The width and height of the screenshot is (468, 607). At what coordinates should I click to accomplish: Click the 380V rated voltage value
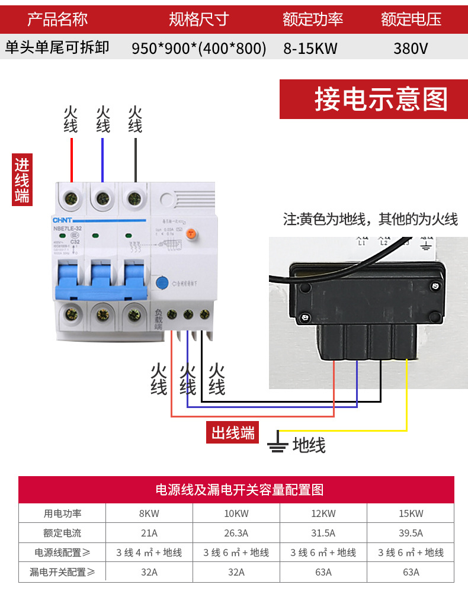coord(410,48)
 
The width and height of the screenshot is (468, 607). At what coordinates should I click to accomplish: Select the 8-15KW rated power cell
coord(310,48)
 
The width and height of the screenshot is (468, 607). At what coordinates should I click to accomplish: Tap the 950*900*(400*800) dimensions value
coord(198,48)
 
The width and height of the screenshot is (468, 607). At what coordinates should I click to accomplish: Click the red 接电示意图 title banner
coord(373,99)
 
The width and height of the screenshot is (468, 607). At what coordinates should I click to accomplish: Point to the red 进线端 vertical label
coord(22,180)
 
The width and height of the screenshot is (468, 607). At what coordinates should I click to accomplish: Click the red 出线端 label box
coord(233,432)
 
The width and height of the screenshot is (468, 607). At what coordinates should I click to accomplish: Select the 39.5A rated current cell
coord(411,533)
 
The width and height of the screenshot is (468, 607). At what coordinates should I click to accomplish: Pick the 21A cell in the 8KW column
coord(149,533)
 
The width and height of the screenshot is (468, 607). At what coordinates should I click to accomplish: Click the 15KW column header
coord(411,513)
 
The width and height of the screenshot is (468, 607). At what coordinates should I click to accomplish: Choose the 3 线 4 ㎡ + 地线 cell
coord(149,553)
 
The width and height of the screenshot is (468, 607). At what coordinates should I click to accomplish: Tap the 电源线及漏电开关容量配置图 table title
coord(236,490)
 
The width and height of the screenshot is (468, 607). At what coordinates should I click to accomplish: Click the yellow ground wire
coord(406,403)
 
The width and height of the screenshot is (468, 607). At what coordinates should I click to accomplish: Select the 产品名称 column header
coord(57,20)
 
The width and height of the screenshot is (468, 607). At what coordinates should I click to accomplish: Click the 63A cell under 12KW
coord(323,572)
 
